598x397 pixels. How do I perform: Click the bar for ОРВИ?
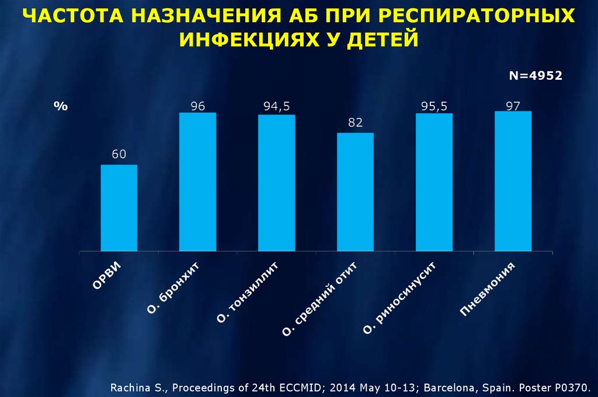coord(119,208)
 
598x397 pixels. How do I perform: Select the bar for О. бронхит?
coord(197,182)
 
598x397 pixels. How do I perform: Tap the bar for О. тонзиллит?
coord(277,183)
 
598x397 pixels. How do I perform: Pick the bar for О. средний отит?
coord(356,192)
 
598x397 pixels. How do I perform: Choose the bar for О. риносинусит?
coord(434,182)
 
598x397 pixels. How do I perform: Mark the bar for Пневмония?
coord(513,181)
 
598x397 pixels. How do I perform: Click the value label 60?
coord(119,154)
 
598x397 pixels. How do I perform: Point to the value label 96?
coord(197,106)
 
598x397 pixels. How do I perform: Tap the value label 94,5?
coord(277,106)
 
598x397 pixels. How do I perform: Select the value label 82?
coord(356,122)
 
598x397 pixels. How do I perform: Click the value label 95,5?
coord(434,106)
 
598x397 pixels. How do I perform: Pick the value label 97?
coord(513,105)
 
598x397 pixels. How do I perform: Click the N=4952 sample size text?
coord(536,75)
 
